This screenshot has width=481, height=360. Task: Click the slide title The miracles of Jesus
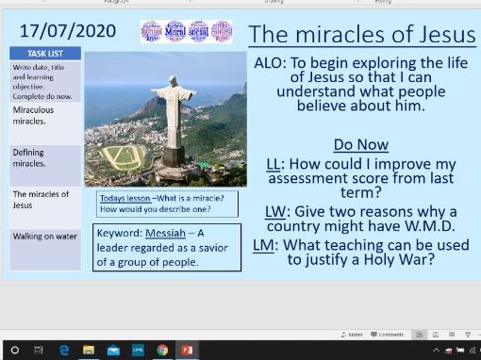click(362, 35)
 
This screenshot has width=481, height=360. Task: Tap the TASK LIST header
click(44, 55)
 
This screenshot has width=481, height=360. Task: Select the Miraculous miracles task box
click(44, 115)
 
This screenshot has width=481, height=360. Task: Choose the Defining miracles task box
click(44, 157)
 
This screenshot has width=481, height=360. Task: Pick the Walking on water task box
click(44, 237)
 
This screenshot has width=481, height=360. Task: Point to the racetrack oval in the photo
click(123, 157)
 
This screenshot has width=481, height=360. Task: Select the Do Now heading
click(361, 145)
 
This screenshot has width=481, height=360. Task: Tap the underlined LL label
click(273, 164)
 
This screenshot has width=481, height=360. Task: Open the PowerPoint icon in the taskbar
click(187, 350)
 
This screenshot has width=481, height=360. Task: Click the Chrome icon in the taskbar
click(162, 350)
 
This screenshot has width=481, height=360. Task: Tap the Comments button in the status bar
click(387, 335)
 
